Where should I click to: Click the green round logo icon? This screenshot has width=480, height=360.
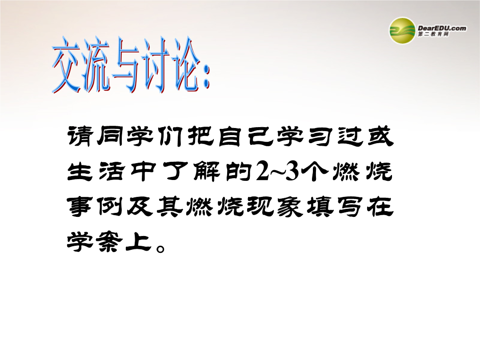(x=402, y=31)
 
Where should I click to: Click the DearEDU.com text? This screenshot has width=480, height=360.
(x=442, y=28)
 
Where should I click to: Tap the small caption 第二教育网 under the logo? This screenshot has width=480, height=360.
(x=433, y=34)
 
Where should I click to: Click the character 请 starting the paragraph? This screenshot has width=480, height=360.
(x=80, y=136)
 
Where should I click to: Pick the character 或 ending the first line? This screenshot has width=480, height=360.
(x=380, y=136)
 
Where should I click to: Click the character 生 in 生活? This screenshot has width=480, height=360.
(x=80, y=172)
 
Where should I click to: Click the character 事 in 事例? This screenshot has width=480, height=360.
(x=80, y=207)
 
